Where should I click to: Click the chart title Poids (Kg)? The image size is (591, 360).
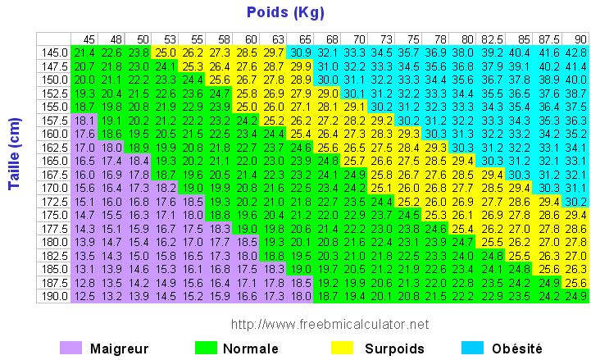pos(285,12)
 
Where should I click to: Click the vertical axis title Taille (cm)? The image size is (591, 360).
pos(14,164)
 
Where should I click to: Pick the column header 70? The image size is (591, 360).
pos(359,39)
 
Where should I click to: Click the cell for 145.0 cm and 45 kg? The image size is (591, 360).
pos(84,52)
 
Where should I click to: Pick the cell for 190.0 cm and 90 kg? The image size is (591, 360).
pos(578,295)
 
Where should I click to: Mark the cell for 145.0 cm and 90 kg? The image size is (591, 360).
pos(578,52)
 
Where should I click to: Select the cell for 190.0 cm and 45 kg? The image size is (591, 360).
pos(84,295)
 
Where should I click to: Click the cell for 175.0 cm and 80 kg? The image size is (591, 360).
pos(465,215)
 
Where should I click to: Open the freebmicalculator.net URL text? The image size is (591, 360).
pos(330,324)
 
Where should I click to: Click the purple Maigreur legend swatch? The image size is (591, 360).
pos(72,348)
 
